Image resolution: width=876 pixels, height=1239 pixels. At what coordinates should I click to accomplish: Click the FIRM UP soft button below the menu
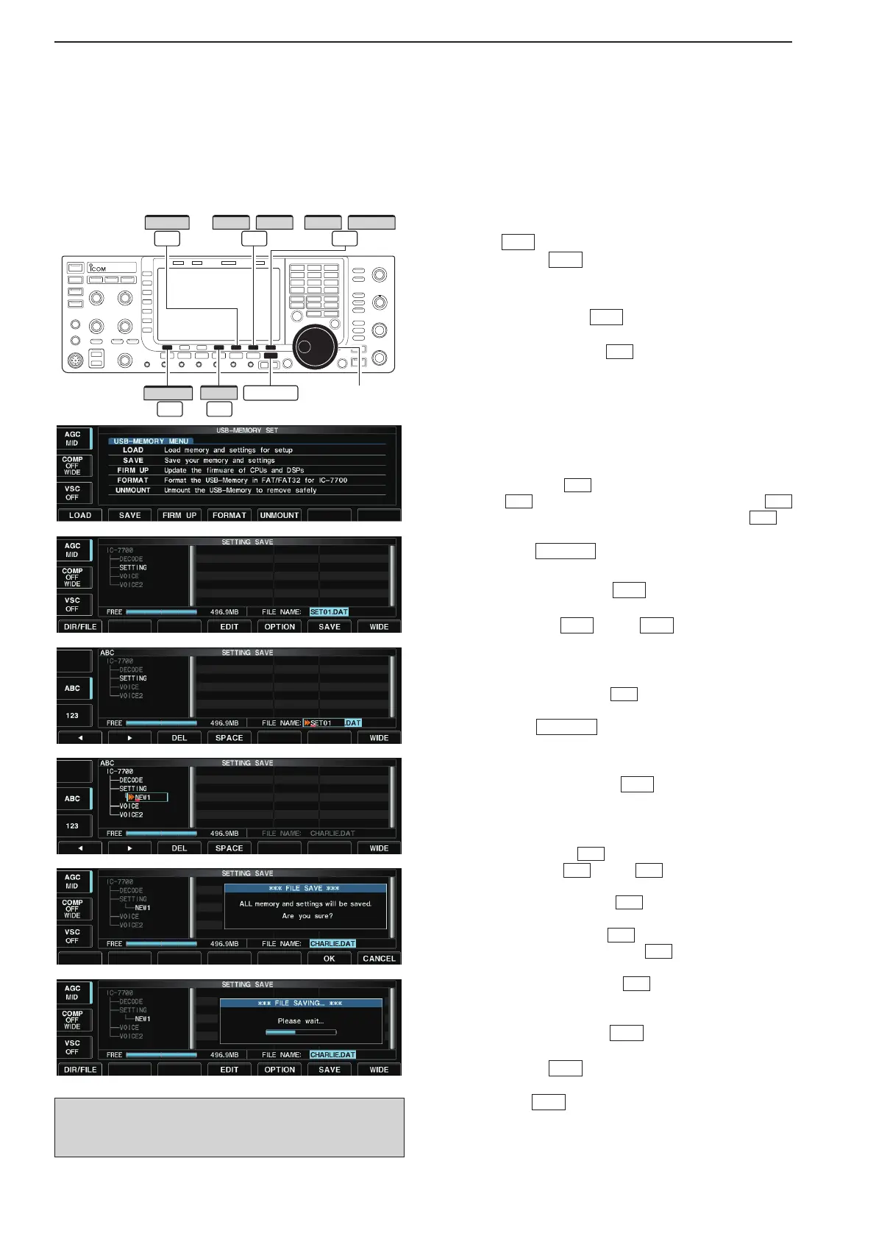click(x=179, y=515)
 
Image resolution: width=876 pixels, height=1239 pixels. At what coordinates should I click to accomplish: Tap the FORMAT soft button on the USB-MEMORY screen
click(x=229, y=515)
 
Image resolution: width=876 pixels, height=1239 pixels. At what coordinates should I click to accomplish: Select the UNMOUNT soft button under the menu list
click(x=279, y=515)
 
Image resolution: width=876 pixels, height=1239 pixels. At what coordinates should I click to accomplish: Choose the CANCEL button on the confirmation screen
click(x=379, y=959)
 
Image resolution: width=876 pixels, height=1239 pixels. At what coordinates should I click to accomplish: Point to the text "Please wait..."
click(x=301, y=1020)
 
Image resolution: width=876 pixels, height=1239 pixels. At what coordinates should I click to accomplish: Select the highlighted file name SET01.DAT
click(x=329, y=611)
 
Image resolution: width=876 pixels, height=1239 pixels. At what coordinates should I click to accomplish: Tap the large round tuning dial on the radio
click(x=315, y=347)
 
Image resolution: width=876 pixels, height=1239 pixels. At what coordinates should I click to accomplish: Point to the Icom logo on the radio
click(x=96, y=269)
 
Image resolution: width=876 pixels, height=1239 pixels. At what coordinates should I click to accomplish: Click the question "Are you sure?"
click(x=307, y=916)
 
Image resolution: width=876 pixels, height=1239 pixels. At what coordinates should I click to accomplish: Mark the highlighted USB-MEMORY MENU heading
click(x=151, y=441)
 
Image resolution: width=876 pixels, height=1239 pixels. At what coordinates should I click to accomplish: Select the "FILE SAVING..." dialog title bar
click(x=301, y=1003)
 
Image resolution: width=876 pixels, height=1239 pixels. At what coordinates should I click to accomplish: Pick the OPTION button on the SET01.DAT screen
click(x=279, y=627)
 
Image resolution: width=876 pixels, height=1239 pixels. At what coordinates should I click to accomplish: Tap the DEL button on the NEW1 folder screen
click(x=179, y=848)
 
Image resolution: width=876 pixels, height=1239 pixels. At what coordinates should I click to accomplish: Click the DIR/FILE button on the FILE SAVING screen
click(x=80, y=1070)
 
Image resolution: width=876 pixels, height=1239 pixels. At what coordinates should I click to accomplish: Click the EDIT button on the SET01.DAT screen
click(x=229, y=627)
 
